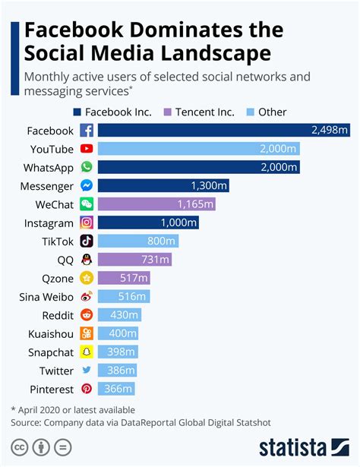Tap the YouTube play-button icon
click(87, 149)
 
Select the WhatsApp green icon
click(87, 167)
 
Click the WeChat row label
click(54, 204)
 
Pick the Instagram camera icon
click(87, 222)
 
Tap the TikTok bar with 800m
click(138, 241)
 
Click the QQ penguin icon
click(87, 260)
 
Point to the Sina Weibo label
click(46, 297)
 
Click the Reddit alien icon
click(87, 315)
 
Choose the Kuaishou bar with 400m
click(118, 333)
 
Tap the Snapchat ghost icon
click(87, 352)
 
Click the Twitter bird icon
click(87, 371)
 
